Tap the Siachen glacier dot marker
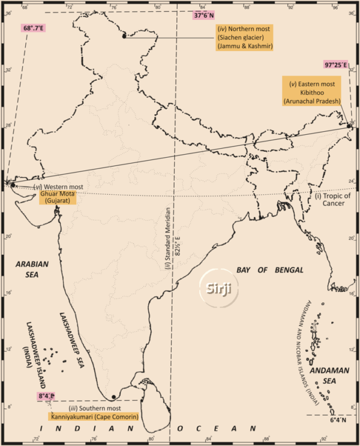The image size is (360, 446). point(124,37)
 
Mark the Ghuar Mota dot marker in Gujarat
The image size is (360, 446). point(13,185)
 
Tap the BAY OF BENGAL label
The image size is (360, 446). point(269,269)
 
